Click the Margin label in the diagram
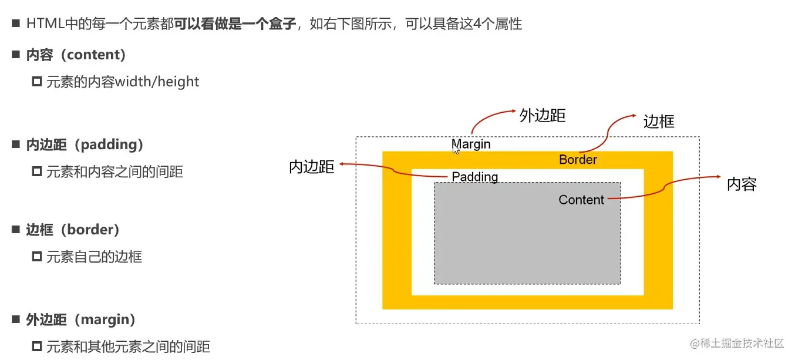[x=472, y=144]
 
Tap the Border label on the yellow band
[x=578, y=160]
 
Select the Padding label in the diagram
[x=474, y=177]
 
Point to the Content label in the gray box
[x=581, y=200]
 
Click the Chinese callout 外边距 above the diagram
[x=543, y=116]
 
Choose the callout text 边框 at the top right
[x=659, y=122]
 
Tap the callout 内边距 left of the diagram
[x=312, y=167]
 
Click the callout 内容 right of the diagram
[x=742, y=184]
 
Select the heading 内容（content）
[x=76, y=55]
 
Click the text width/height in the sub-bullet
[x=157, y=82]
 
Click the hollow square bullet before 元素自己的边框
[x=37, y=257]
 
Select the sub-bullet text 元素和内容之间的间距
[x=114, y=172]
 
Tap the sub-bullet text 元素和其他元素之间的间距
[x=128, y=346]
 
